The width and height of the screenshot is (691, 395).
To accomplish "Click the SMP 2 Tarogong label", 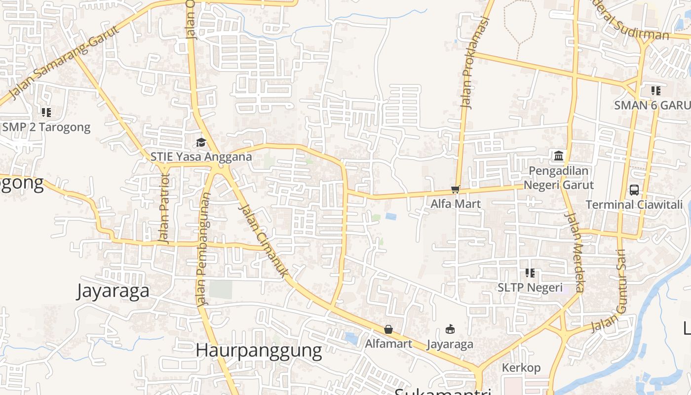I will [x=46, y=127].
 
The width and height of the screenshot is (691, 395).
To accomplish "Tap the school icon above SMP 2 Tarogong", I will [x=46, y=113].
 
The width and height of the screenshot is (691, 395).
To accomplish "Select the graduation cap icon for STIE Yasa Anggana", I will [x=201, y=143].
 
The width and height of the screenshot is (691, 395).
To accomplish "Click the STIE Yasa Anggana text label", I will [x=201, y=157].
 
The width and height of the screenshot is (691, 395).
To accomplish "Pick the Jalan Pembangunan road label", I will [x=203, y=249].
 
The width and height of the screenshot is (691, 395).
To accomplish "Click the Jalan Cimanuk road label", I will [x=264, y=240].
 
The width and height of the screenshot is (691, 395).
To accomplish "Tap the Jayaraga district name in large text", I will [x=113, y=291].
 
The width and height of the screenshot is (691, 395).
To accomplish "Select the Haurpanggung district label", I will [x=259, y=351].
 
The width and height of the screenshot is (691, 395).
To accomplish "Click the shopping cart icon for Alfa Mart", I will [x=456, y=190].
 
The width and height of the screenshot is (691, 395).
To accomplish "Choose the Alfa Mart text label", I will [x=456, y=203].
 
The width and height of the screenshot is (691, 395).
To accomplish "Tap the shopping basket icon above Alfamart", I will [x=388, y=329].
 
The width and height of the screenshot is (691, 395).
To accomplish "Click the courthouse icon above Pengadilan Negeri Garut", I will [x=559, y=156].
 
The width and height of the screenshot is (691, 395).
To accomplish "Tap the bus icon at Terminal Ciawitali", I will [x=634, y=190].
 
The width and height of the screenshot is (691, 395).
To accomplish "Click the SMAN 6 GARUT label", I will [x=652, y=105].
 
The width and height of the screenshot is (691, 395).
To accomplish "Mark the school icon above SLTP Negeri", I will [x=530, y=273].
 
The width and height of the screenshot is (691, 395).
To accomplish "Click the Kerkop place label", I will [x=521, y=368].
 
